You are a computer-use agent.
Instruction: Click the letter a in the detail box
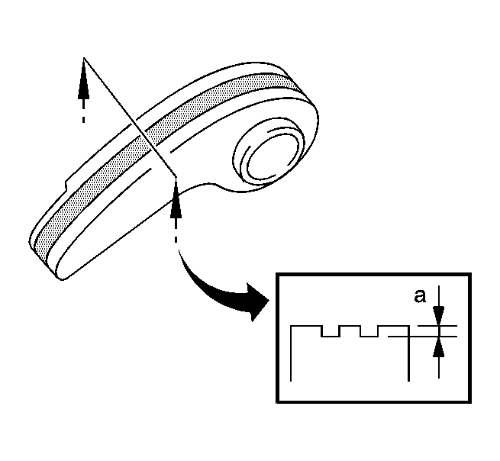pyautogui.click(x=420, y=296)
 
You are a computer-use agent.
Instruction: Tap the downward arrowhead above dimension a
pyautogui.click(x=439, y=316)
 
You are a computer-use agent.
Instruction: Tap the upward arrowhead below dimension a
pyautogui.click(x=439, y=347)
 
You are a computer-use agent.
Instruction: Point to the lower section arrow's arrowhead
pyautogui.click(x=176, y=198)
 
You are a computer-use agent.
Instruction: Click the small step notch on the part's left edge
pyautogui.click(x=67, y=185)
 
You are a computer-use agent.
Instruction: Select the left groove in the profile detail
pyautogui.click(x=330, y=331)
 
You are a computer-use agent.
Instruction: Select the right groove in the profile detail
pyautogui.click(x=369, y=331)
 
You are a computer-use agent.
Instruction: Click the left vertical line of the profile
pyautogui.click(x=291, y=353)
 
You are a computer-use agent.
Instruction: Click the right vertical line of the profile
pyautogui.click(x=409, y=353)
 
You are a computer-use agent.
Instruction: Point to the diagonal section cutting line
pyautogui.click(x=130, y=118)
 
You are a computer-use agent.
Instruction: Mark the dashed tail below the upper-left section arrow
pyautogui.click(x=83, y=111)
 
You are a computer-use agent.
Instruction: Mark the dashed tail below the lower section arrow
pyautogui.click(x=176, y=231)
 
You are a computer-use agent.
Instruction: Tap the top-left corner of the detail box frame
pyautogui.click(x=277, y=274)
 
